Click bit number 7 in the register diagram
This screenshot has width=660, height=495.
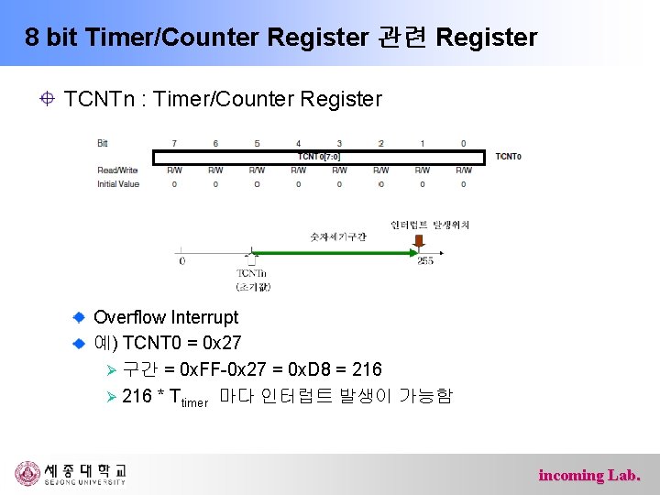tap(174, 143)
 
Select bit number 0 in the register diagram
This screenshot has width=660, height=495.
tap(463, 143)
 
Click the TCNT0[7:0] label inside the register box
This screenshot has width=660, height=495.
tap(319, 157)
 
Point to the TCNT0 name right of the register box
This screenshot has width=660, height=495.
tap(508, 157)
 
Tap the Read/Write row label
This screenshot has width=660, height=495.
tap(117, 170)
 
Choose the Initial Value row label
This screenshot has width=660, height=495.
tap(118, 183)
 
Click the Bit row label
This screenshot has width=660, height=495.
tap(103, 143)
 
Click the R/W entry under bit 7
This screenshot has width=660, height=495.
tap(174, 170)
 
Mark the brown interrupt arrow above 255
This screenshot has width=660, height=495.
tap(419, 241)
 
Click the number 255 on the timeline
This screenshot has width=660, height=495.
tap(424, 261)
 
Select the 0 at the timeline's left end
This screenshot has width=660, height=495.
tap(181, 261)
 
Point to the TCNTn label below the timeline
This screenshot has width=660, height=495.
tap(251, 273)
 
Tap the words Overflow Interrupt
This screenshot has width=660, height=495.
tap(166, 317)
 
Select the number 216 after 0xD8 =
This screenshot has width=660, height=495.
tap(367, 369)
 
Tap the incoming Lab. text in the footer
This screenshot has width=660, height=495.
tap(589, 475)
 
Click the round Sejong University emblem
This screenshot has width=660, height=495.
tap(27, 474)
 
